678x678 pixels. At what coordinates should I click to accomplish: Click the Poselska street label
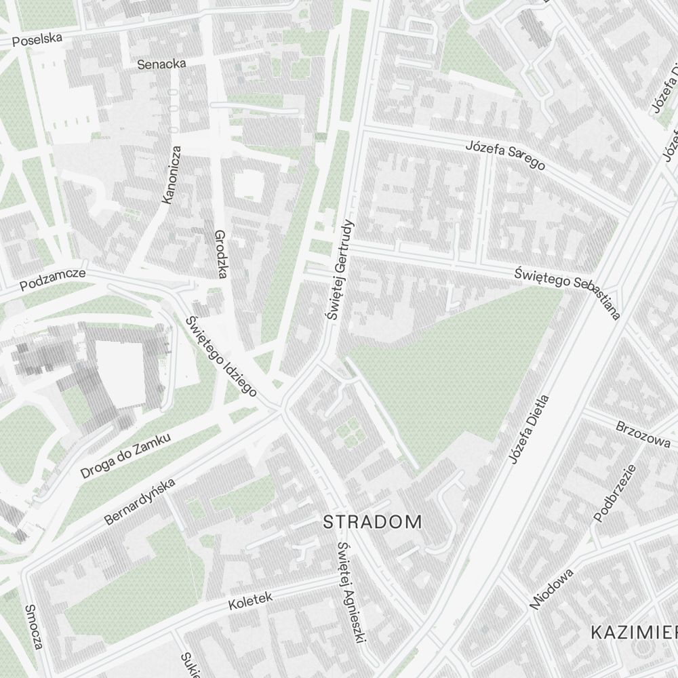(x=37, y=40)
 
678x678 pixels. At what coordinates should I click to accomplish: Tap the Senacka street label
(x=161, y=64)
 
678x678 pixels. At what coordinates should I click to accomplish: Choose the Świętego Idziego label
(x=221, y=357)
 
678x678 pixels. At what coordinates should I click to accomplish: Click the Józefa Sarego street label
(x=505, y=156)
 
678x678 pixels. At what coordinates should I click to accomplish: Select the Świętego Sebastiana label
(x=567, y=291)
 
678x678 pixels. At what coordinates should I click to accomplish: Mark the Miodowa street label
(x=552, y=589)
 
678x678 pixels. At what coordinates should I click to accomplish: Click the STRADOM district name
(x=372, y=521)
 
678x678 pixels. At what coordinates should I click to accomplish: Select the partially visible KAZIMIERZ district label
(x=634, y=633)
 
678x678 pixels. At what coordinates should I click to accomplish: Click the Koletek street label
(x=250, y=600)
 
